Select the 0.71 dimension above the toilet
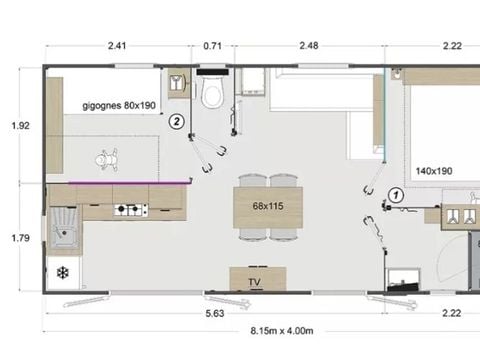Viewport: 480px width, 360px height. coord(212,45)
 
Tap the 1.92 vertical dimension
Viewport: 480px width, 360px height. coord(20,126)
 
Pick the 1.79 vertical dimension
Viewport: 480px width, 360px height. coord(20,238)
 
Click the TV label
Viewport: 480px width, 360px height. coord(256,282)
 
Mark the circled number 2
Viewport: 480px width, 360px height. coord(177,121)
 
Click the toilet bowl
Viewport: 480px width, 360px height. coord(211,95)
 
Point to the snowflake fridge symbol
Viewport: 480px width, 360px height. coord(62,272)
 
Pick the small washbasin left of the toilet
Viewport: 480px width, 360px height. coord(178,84)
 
